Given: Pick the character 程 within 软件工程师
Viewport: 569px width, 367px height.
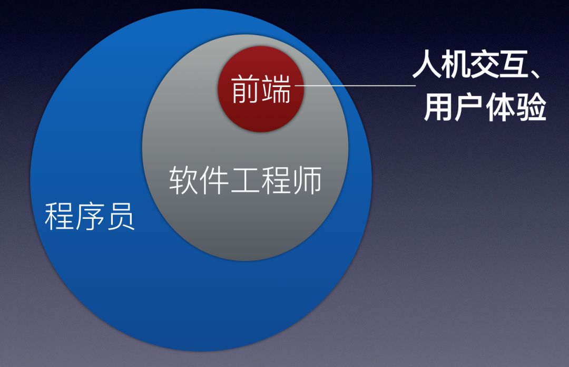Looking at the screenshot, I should coord(276,180).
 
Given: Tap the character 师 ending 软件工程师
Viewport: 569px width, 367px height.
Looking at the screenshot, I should coord(307,180).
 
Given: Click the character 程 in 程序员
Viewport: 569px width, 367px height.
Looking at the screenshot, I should coord(59,216).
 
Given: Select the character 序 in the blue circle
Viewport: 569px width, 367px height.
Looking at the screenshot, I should coord(90,216).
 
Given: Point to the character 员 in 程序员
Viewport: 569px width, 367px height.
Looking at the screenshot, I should coord(120,216).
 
